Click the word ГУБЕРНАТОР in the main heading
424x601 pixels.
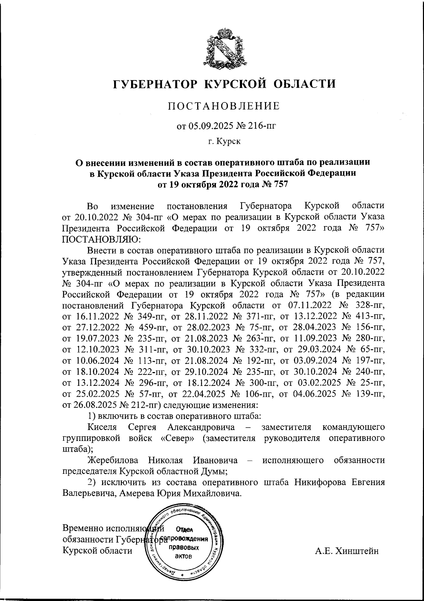(x=154, y=84)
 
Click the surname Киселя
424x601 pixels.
(x=102, y=427)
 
